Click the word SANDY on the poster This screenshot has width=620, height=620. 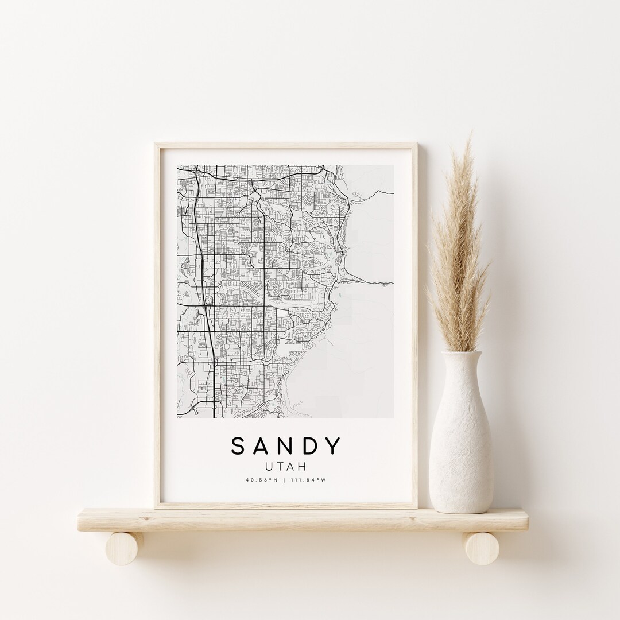(286, 446)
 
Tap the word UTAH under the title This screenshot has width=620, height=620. (286, 466)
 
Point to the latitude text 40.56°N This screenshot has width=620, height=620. (258, 480)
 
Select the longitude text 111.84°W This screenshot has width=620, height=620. (313, 480)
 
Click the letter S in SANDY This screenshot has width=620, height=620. (237, 446)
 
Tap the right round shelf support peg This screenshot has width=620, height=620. (481, 548)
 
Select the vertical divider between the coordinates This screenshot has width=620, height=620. (286, 480)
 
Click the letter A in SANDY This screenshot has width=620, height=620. (261, 446)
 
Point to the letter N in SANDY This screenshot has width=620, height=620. (285, 446)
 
